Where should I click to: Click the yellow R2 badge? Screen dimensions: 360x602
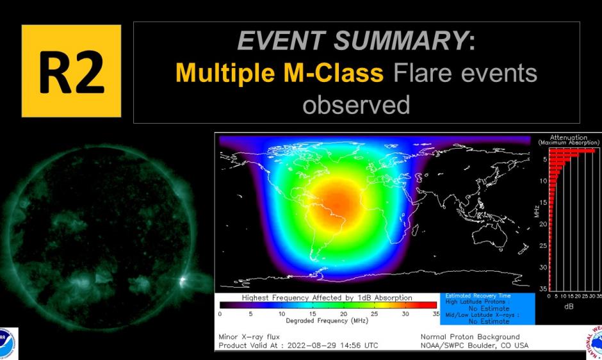[71, 71]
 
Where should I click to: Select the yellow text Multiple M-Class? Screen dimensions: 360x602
[279, 73]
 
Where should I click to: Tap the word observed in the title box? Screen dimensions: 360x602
[356, 104]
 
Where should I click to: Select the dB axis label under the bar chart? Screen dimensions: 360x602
[569, 307]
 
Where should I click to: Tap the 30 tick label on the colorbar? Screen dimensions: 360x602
[405, 314]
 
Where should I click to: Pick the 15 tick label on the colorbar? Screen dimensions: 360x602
[313, 314]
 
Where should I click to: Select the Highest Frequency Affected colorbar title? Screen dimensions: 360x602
[327, 298]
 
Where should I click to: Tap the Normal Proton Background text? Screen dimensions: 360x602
[470, 336]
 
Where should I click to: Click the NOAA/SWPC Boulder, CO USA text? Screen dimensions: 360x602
[475, 345]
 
